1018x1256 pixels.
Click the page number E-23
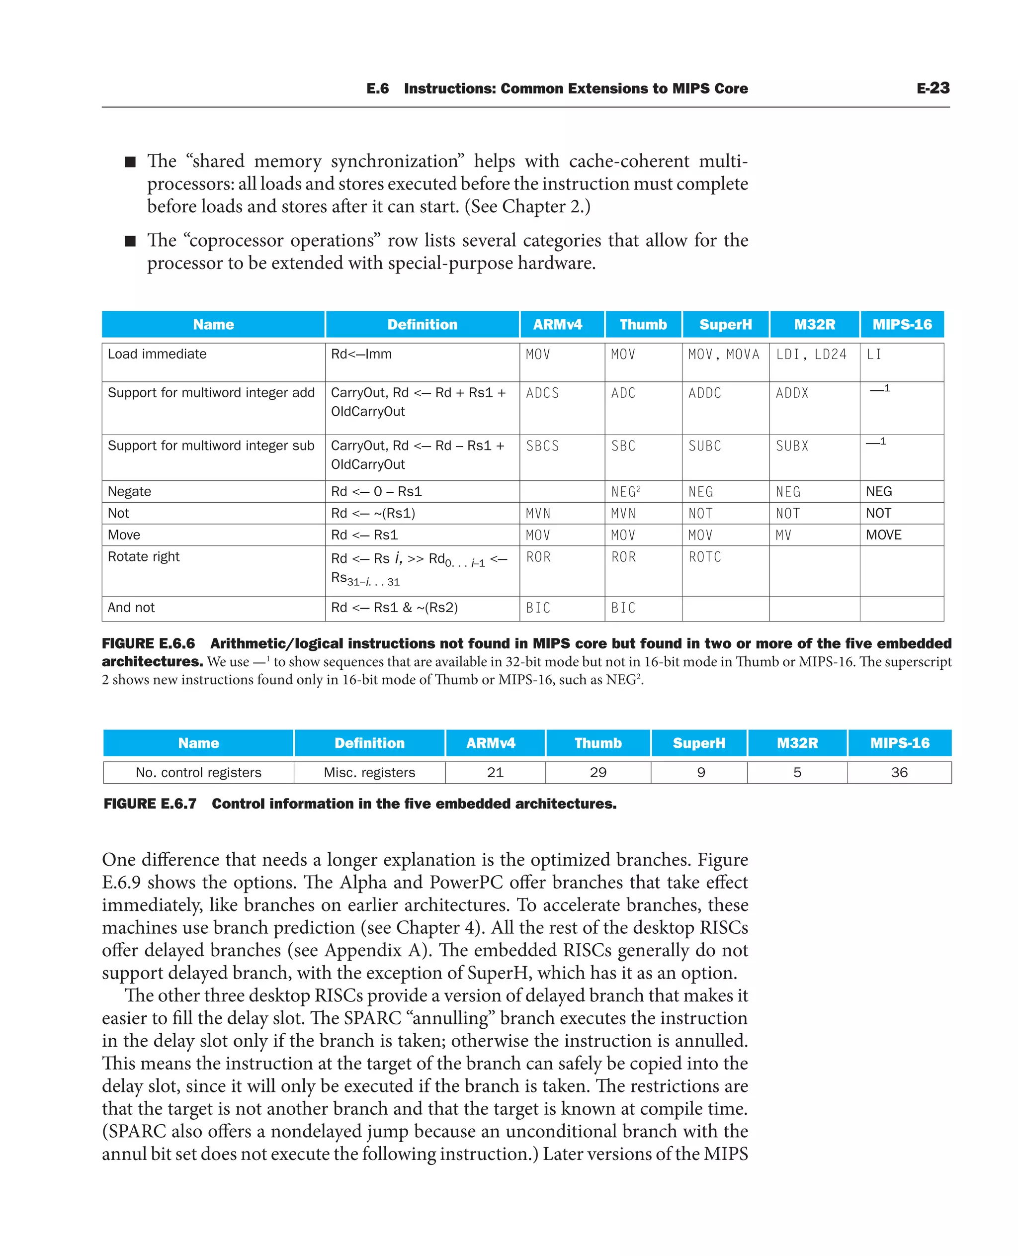(933, 88)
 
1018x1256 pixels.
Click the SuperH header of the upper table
(725, 324)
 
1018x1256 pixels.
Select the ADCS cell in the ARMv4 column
(542, 393)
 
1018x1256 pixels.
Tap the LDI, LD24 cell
(811, 355)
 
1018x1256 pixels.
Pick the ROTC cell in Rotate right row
(705, 557)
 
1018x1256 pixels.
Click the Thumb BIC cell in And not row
(623, 608)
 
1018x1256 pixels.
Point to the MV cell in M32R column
(783, 535)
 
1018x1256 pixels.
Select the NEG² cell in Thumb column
(626, 492)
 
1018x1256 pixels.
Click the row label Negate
(130, 492)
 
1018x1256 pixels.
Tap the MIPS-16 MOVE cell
(884, 535)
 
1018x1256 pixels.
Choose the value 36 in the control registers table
(899, 773)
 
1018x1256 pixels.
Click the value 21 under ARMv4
(495, 773)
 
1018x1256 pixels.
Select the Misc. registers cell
(369, 773)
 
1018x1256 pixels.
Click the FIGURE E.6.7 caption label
(150, 804)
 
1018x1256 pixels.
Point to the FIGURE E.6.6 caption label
(148, 643)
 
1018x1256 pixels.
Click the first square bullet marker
(130, 162)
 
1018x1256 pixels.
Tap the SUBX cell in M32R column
(792, 446)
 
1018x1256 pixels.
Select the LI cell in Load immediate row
(874, 355)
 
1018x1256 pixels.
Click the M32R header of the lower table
(797, 743)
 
